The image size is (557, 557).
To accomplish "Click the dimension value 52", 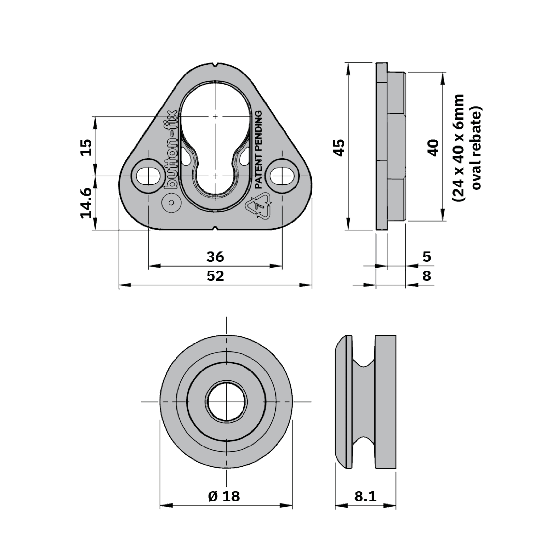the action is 215,276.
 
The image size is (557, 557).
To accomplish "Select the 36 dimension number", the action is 215,257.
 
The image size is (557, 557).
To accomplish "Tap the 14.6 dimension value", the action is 86,203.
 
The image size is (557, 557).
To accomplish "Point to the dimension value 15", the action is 86,147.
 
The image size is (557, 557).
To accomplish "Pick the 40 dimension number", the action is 433,148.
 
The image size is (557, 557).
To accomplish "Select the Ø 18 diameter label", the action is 224,496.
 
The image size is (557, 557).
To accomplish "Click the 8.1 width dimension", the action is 365,496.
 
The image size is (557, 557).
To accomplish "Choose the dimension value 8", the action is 427,276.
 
